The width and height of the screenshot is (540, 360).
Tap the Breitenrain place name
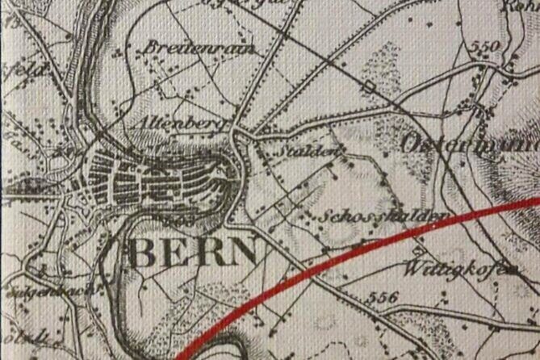point(199,49)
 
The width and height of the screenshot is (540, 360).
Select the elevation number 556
point(383,297)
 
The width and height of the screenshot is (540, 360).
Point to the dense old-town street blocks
point(153,179)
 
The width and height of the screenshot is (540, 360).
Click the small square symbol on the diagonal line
point(369,86)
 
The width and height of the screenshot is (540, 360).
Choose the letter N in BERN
point(244,252)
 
